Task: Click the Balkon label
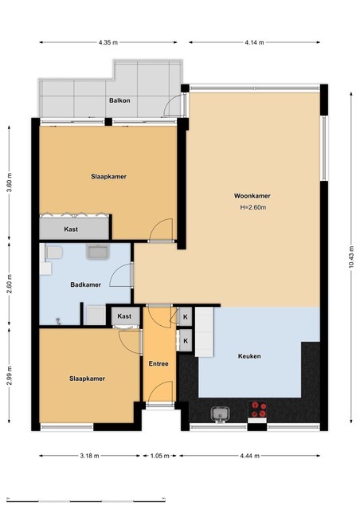(119, 100)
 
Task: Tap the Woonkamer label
(252, 196)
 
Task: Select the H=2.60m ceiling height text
(253, 207)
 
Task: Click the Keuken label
(249, 356)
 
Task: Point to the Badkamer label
(86, 284)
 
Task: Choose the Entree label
(158, 363)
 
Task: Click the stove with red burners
(257, 410)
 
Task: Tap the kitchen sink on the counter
(220, 414)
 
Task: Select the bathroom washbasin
(97, 252)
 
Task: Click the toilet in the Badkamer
(53, 253)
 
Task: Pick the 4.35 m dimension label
(108, 42)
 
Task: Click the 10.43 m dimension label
(351, 257)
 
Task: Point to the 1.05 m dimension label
(160, 456)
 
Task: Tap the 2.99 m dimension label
(10, 375)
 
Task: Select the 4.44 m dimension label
(250, 456)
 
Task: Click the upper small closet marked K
(186, 317)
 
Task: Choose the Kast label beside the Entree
(124, 316)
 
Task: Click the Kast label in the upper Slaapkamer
(71, 229)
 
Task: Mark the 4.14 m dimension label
(255, 42)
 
